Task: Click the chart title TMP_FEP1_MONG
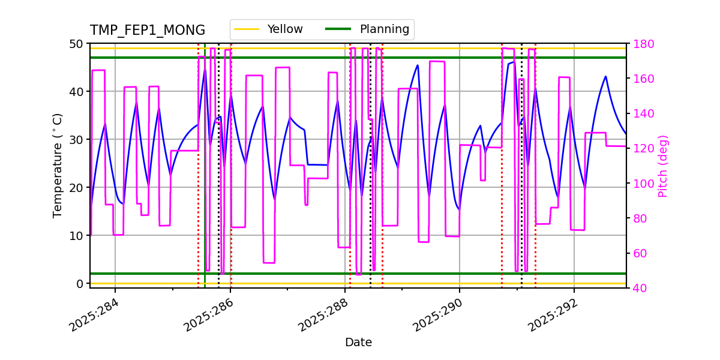point(147,31)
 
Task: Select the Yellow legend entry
point(285,29)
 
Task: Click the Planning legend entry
point(384,29)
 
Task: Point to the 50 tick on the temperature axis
point(76,44)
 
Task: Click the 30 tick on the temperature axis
point(76,139)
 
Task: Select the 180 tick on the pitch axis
point(642,44)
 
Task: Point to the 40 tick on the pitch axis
point(639,288)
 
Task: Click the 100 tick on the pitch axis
point(642,184)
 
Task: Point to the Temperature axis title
point(58,165)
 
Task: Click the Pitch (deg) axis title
point(663,166)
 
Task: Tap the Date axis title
point(358,343)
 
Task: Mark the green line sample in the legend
point(337,29)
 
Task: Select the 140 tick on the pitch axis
point(642,113)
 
